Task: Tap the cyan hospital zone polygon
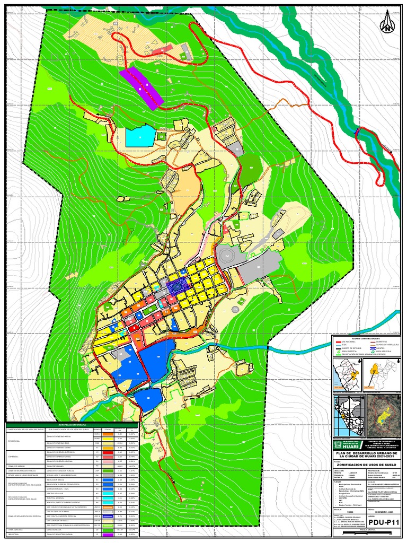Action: click(139, 137)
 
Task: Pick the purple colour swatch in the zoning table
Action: click(107, 535)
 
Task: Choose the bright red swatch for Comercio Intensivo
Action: click(107, 452)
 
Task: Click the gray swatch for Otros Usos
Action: click(107, 475)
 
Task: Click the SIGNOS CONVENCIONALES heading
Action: click(366, 338)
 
